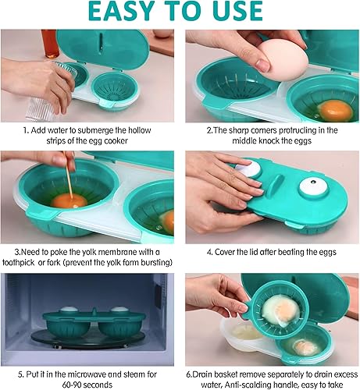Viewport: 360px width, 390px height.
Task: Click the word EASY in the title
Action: [119, 11]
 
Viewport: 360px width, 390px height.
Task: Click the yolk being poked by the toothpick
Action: [69, 201]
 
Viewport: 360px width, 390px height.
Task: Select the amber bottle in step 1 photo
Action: [50, 44]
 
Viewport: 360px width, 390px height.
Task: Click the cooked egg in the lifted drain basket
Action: [281, 310]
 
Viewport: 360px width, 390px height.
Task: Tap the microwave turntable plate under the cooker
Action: [87, 339]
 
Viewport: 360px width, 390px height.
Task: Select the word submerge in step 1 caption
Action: [95, 130]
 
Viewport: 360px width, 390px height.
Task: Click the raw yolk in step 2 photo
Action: [335, 111]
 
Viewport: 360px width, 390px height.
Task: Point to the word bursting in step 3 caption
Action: [157, 262]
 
